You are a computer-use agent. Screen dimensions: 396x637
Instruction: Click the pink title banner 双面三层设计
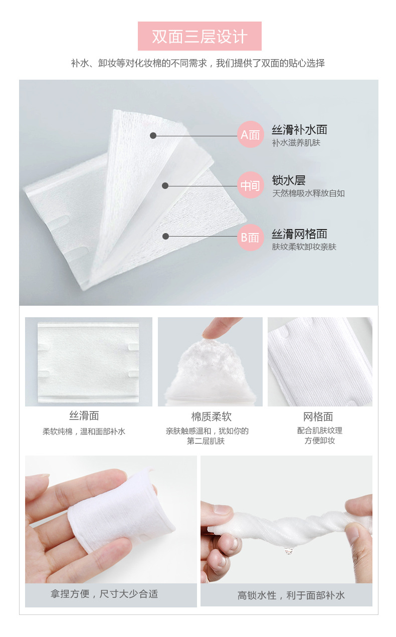point(200,36)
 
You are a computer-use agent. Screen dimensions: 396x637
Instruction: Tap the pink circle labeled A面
point(250,134)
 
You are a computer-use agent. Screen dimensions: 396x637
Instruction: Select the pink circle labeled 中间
point(250,185)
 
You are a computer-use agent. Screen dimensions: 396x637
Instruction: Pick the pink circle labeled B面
point(250,237)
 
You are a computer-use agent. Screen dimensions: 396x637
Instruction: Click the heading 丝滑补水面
point(299,130)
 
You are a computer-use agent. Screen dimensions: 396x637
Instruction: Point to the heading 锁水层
point(288,180)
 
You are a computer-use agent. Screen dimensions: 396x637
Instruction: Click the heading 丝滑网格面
point(299,234)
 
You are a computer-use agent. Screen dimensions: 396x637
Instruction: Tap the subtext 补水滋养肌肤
point(296,142)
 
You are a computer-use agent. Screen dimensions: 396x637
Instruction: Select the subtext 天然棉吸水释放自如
point(308,193)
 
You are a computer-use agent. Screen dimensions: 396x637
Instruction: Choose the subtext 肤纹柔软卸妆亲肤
point(304,247)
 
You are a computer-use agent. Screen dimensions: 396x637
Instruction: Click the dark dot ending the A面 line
point(153,135)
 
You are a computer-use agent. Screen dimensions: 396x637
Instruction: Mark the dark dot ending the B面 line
point(165,237)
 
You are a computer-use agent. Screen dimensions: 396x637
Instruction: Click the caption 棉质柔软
point(212,416)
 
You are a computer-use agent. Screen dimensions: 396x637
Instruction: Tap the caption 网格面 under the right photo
point(318,416)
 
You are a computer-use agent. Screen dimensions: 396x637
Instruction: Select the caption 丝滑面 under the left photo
point(84,416)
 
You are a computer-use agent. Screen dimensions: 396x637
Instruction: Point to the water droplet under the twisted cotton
point(288,551)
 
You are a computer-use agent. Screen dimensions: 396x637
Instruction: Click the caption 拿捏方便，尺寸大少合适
point(104,594)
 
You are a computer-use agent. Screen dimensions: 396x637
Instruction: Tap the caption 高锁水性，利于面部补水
point(291,595)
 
